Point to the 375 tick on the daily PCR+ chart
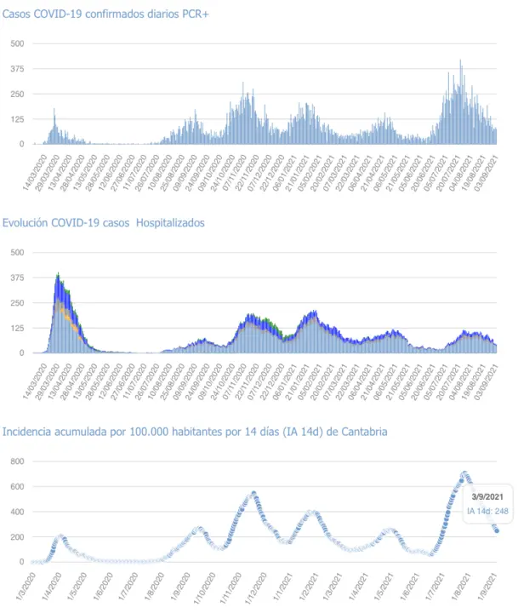pos(15,68)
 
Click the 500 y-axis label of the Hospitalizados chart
pos(15,252)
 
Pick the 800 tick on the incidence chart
pos(15,461)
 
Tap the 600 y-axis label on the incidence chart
pos(15,487)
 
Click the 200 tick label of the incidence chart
pos(15,537)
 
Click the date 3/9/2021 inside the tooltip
pos(487,496)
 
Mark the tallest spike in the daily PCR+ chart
pos(460,60)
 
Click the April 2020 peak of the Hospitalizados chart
pos(58,274)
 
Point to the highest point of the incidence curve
pos(465,473)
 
